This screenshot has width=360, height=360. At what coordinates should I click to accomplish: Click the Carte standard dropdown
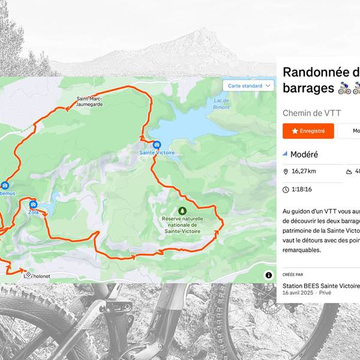tap(248, 86)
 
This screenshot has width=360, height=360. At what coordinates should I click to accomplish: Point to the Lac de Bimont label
tap(221, 103)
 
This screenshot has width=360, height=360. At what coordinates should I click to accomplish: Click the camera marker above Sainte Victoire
tap(157, 145)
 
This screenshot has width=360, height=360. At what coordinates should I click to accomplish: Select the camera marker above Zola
tap(33, 204)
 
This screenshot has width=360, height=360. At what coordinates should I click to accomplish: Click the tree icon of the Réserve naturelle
tap(182, 211)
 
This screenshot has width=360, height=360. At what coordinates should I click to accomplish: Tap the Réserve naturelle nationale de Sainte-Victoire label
tap(181, 224)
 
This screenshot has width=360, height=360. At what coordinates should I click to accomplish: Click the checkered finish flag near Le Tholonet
tap(26, 271)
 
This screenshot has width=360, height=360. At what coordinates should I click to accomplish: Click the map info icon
tap(268, 275)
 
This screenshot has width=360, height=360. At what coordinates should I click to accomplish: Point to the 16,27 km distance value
tap(304, 172)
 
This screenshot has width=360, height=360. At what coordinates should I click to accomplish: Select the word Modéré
tap(304, 154)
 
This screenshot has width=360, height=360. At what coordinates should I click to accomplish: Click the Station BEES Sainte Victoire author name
tap(321, 286)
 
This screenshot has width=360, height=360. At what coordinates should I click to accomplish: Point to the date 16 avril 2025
tap(299, 293)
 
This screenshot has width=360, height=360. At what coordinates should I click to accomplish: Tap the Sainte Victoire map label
tap(157, 153)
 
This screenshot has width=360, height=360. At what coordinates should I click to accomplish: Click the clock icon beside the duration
tap(286, 190)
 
